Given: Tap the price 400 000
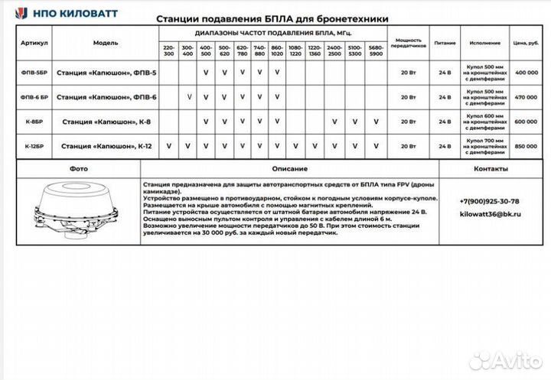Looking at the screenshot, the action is (x=526, y=73).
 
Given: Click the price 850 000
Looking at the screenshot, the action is (x=526, y=145).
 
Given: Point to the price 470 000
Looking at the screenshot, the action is (x=526, y=97).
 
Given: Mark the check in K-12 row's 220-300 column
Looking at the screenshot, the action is (x=168, y=145).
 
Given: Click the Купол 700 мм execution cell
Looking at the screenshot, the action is (x=484, y=145).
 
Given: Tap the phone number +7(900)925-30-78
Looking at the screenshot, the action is (x=489, y=200).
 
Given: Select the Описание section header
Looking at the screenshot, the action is (x=289, y=169).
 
